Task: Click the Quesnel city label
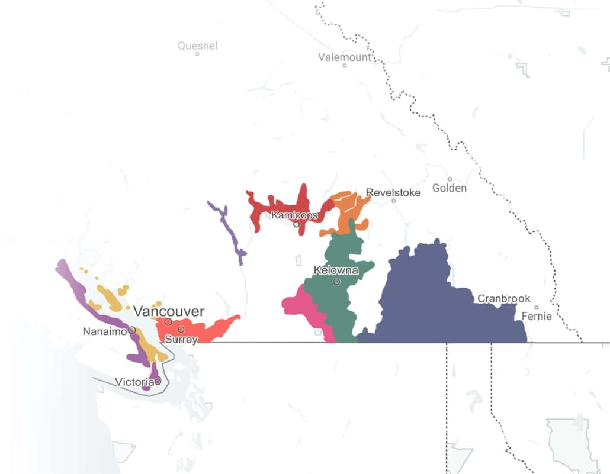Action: pyautogui.click(x=198, y=46)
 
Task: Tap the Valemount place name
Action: pyautogui.click(x=345, y=57)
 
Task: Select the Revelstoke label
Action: pyautogui.click(x=393, y=192)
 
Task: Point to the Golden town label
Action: pyautogui.click(x=450, y=188)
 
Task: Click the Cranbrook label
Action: pyautogui.click(x=504, y=298)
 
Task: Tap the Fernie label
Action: pyautogui.click(x=537, y=316)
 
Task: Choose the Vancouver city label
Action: pyautogui.click(x=169, y=311)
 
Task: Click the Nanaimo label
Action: pyautogui.click(x=105, y=331)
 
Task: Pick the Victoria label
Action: pyautogui.click(x=134, y=382)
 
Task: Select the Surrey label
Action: pyautogui.click(x=181, y=340)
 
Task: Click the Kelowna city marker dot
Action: pyautogui.click(x=336, y=282)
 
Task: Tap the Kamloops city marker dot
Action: pyautogui.click(x=296, y=224)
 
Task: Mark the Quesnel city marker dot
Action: pyautogui.click(x=197, y=54)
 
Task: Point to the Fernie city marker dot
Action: pyautogui.click(x=537, y=308)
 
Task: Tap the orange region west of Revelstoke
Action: pyautogui.click(x=346, y=213)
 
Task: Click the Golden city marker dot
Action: pyautogui.click(x=450, y=179)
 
